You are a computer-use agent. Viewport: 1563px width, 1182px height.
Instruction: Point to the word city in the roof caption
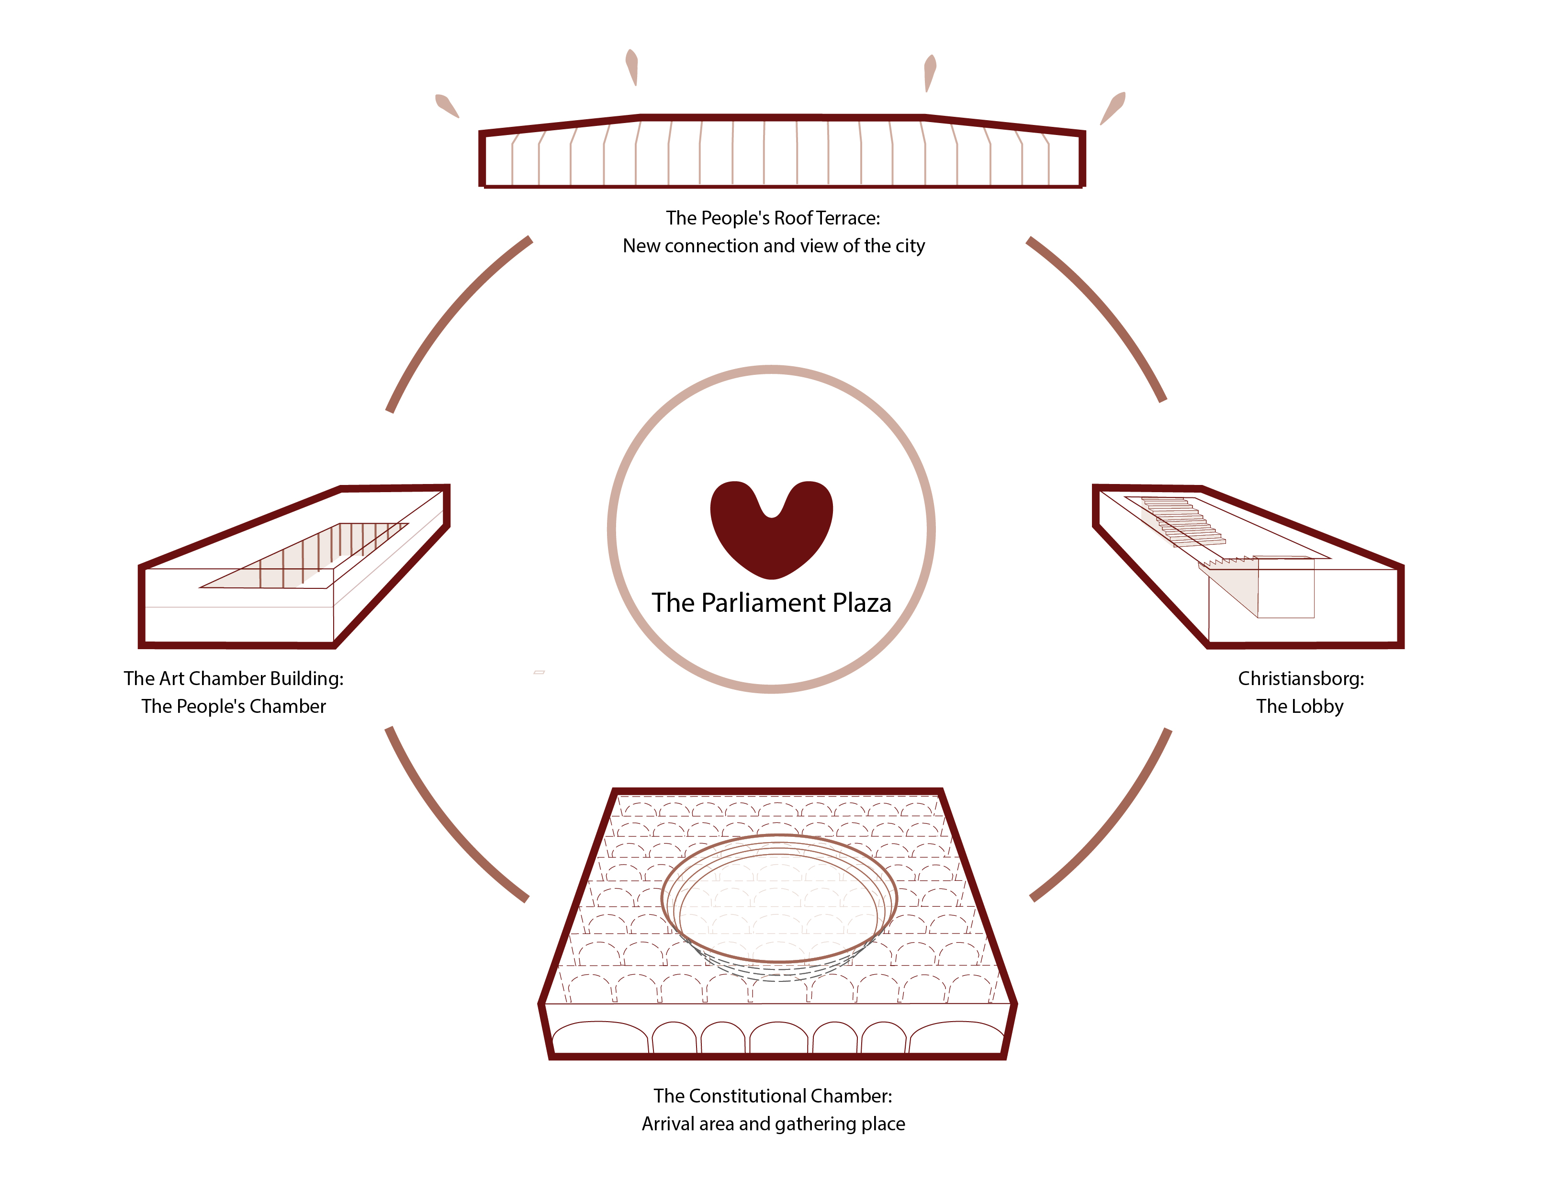pos(910,246)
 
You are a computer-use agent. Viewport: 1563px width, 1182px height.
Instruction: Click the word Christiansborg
pos(1300,679)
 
